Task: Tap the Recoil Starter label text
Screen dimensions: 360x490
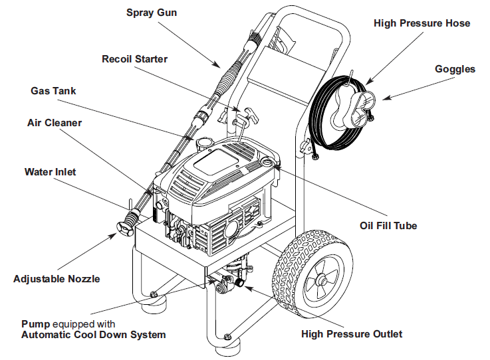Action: [x=134, y=59]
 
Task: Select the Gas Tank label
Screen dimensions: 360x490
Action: [x=53, y=90]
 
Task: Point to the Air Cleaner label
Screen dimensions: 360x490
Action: [x=55, y=123]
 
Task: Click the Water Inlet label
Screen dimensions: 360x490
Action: [x=50, y=172]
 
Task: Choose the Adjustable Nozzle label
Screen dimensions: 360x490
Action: [x=57, y=278]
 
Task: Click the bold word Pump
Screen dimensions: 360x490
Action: [x=35, y=324]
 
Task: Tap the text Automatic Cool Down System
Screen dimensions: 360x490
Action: [x=93, y=335]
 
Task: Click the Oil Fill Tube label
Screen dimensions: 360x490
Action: [x=388, y=226]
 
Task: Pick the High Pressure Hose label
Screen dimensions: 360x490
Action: [x=422, y=23]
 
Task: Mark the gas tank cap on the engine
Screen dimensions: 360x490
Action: [x=203, y=143]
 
